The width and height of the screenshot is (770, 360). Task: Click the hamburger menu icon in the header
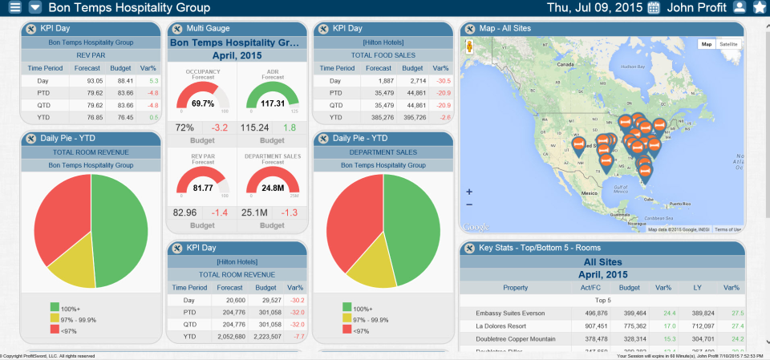14,8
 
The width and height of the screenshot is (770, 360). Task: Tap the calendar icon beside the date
654,8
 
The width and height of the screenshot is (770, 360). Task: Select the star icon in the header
760,8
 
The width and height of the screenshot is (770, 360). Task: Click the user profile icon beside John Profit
740,8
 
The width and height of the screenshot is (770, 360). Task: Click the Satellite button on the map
728,44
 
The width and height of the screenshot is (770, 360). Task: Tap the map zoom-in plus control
469,192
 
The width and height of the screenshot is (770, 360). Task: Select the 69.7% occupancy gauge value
203,103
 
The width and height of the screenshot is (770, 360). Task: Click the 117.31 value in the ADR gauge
272,103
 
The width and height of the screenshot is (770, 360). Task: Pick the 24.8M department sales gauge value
272,188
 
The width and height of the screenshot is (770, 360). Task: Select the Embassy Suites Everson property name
499,313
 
